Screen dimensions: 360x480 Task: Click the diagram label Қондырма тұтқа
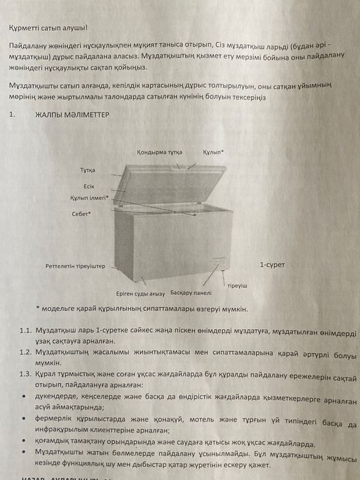[x=158, y=152]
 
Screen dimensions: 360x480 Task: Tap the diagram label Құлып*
[x=213, y=152]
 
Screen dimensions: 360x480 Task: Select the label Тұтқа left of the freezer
[x=88, y=169]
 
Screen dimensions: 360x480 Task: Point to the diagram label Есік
[x=88, y=185]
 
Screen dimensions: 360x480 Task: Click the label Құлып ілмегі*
[x=89, y=197]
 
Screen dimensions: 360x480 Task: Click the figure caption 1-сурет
[x=272, y=263]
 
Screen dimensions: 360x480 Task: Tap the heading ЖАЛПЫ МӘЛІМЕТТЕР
[x=72, y=117]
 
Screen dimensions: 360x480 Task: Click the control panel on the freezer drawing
[x=218, y=263]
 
